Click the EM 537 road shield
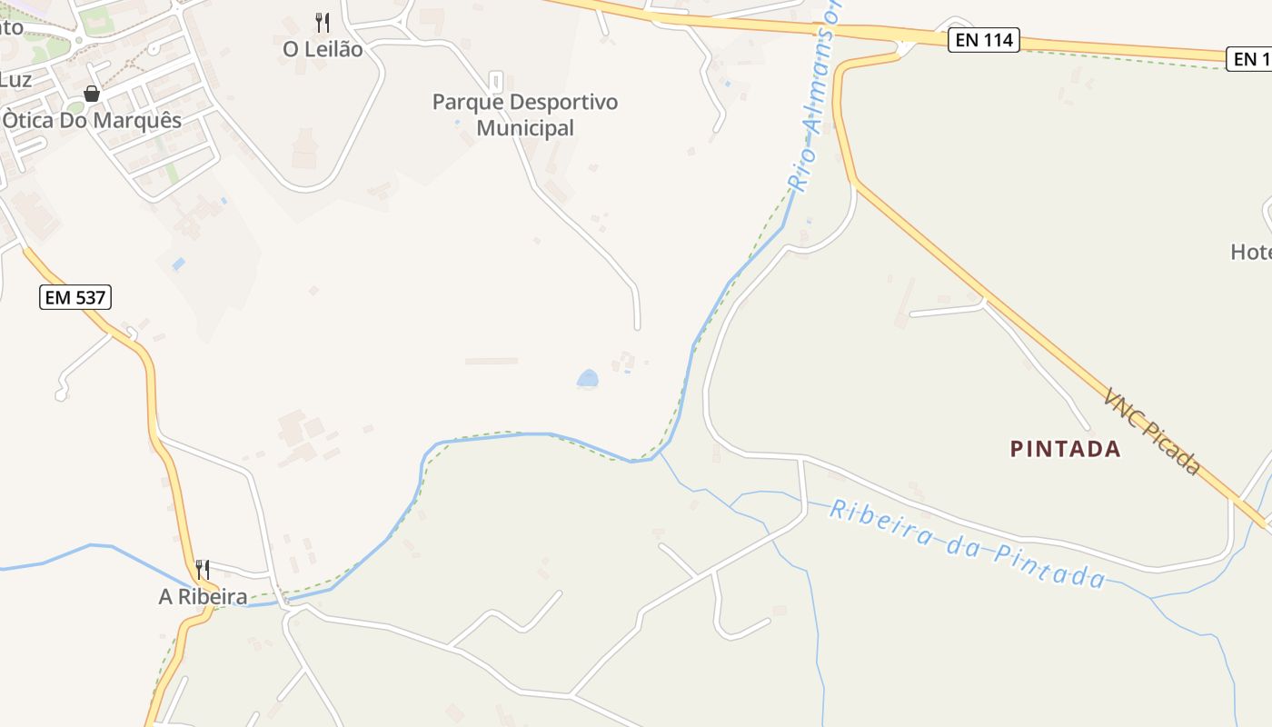tap(75, 297)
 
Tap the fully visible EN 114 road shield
tap(984, 40)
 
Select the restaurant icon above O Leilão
tap(323, 23)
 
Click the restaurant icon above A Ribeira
tap(203, 570)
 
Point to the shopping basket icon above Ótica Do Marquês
tap(92, 94)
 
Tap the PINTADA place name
tap(1066, 449)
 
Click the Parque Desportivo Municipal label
tap(525, 115)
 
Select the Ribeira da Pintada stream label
tap(968, 543)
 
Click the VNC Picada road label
tap(1153, 431)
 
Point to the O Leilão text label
tap(323, 49)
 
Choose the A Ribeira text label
tap(203, 597)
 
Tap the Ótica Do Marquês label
tap(92, 121)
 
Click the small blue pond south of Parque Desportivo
tap(588, 378)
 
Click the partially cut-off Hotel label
tap(1251, 252)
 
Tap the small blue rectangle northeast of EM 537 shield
tap(178, 264)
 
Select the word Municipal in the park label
tap(525, 128)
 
